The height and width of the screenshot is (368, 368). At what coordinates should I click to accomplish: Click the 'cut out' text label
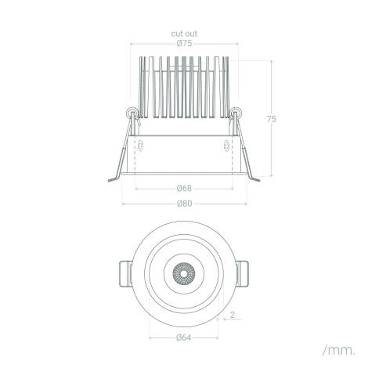(x=184, y=34)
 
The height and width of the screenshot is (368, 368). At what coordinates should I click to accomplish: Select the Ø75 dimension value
(x=184, y=43)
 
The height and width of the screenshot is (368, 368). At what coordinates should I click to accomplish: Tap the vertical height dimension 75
(x=271, y=119)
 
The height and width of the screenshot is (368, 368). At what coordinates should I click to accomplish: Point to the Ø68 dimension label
(x=184, y=188)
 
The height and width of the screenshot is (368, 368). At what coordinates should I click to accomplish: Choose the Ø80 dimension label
(x=184, y=204)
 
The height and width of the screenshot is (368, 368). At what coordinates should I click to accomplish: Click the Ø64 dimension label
(x=184, y=337)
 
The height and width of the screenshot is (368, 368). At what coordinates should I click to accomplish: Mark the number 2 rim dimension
(x=232, y=315)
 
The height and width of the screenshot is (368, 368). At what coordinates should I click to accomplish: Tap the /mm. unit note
(x=339, y=350)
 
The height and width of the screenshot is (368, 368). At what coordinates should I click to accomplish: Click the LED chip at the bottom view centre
(x=184, y=274)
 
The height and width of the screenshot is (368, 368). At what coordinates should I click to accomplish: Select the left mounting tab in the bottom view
(x=125, y=274)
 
